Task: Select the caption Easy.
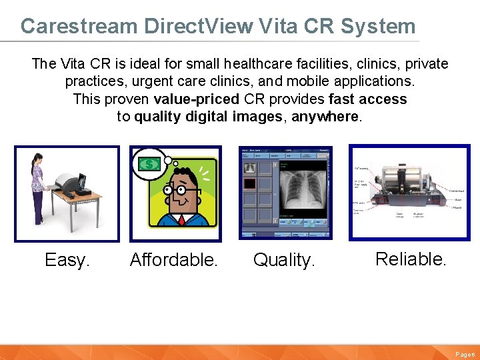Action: click(67, 260)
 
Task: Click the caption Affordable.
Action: click(174, 260)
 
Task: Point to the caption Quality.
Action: click(284, 260)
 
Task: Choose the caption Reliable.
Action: click(411, 259)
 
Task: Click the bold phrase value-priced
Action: click(196, 99)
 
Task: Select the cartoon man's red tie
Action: click(182, 219)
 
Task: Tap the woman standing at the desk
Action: click(39, 187)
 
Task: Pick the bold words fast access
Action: click(367, 99)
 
